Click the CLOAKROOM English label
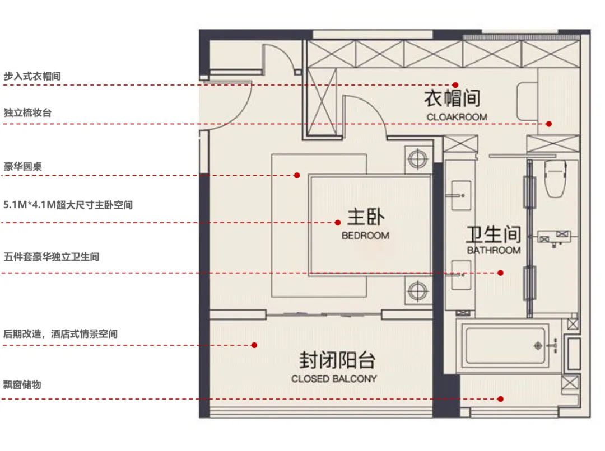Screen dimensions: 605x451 pos(457,117)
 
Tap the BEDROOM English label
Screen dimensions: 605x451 pos(365,236)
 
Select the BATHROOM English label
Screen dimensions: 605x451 pos(494,250)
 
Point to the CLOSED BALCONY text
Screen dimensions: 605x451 pos(334,379)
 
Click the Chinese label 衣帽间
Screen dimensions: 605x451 pos(452,98)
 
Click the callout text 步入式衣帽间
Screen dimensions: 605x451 pos(32,76)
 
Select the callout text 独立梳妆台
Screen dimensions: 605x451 pos(27,112)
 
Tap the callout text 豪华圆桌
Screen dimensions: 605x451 pos(23,166)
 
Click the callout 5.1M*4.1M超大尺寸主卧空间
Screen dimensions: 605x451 pos(68,205)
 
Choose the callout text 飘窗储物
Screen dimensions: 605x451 pos(22,385)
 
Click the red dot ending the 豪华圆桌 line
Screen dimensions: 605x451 pos(297,175)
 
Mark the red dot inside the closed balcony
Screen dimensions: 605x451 pos(254,345)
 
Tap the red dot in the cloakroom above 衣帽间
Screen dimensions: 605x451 pos(456,84)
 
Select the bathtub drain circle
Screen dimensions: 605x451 pos(538,345)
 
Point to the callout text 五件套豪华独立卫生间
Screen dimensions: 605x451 pos(52,257)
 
